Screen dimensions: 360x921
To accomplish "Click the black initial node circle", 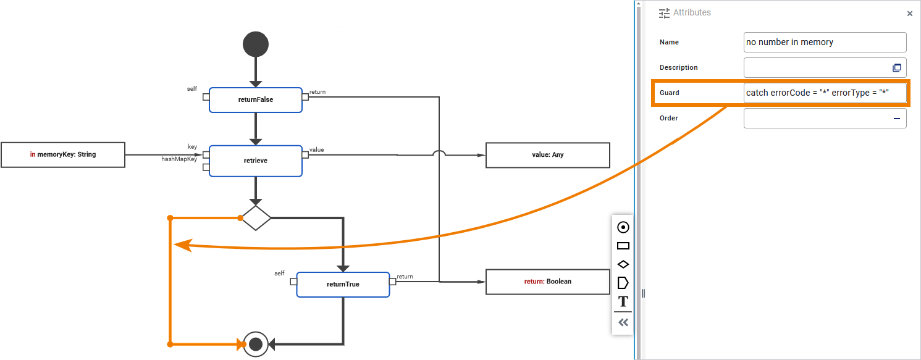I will [x=256, y=44].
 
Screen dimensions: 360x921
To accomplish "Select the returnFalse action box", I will [x=256, y=99].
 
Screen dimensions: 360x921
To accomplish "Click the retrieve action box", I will [x=256, y=161].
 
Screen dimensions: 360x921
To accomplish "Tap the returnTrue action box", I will [x=343, y=284].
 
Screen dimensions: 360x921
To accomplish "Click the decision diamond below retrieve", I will [x=256, y=218].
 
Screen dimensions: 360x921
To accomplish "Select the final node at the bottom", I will [x=256, y=344].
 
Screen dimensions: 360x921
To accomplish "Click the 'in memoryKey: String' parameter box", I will [x=63, y=154].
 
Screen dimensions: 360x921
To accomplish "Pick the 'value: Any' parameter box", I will [x=547, y=155].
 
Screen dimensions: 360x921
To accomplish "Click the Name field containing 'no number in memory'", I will [x=825, y=43].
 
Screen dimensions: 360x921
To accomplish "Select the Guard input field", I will [x=825, y=93].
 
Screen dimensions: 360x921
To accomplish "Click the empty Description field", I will [x=815, y=68].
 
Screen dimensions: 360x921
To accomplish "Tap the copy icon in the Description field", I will [x=897, y=68].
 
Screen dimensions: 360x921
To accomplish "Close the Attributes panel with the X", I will [x=909, y=14].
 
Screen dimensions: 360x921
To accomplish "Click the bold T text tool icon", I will [x=623, y=301].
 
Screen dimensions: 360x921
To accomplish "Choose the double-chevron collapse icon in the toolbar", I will [x=623, y=322].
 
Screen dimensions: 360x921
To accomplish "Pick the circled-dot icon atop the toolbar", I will [x=623, y=227].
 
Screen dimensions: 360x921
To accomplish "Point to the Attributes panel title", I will [x=692, y=12].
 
